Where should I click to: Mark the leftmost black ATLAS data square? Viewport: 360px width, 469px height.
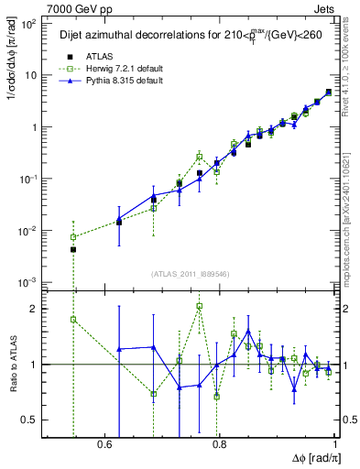[x=73, y=249]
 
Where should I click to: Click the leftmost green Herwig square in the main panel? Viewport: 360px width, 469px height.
[x=73, y=237]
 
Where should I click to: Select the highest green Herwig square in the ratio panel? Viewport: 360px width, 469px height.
[x=199, y=306]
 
